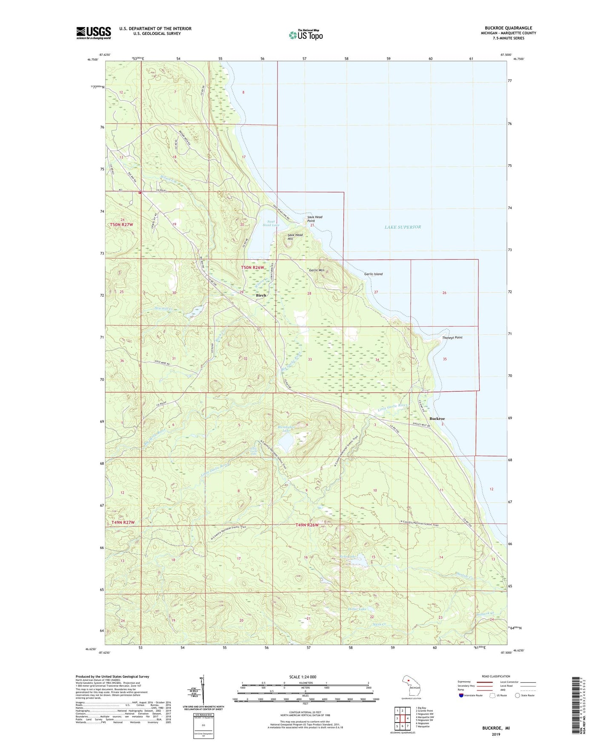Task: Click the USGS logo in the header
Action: (x=94, y=33)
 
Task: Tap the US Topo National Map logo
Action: (x=306, y=34)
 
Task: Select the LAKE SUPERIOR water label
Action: (x=403, y=227)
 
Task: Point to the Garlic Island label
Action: (x=373, y=274)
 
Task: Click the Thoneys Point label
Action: (x=452, y=337)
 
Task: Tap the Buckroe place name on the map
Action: (x=437, y=419)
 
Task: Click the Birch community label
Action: (x=261, y=295)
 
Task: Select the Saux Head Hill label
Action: (x=295, y=237)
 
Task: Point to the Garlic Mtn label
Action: (x=317, y=270)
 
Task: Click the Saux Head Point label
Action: (x=315, y=219)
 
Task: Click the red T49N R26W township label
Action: (x=307, y=525)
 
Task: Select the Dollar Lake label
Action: (x=357, y=609)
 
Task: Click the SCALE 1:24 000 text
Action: (x=303, y=677)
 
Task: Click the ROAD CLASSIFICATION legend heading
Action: (x=496, y=676)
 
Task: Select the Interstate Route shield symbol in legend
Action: (x=461, y=695)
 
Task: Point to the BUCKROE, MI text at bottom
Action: (x=496, y=728)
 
